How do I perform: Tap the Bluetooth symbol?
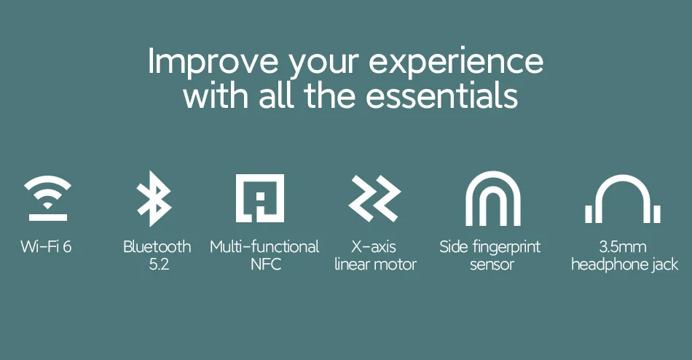point(154,198)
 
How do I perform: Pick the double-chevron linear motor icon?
point(374,198)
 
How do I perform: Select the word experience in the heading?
point(456,62)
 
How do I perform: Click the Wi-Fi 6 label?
point(46,246)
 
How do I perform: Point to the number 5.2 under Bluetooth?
point(159,264)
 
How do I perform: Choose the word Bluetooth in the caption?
point(157,246)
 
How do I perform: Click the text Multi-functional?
point(264,246)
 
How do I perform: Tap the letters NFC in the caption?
point(266,264)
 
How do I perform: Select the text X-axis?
point(374,246)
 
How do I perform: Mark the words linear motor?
point(375,264)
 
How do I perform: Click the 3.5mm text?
point(622,246)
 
